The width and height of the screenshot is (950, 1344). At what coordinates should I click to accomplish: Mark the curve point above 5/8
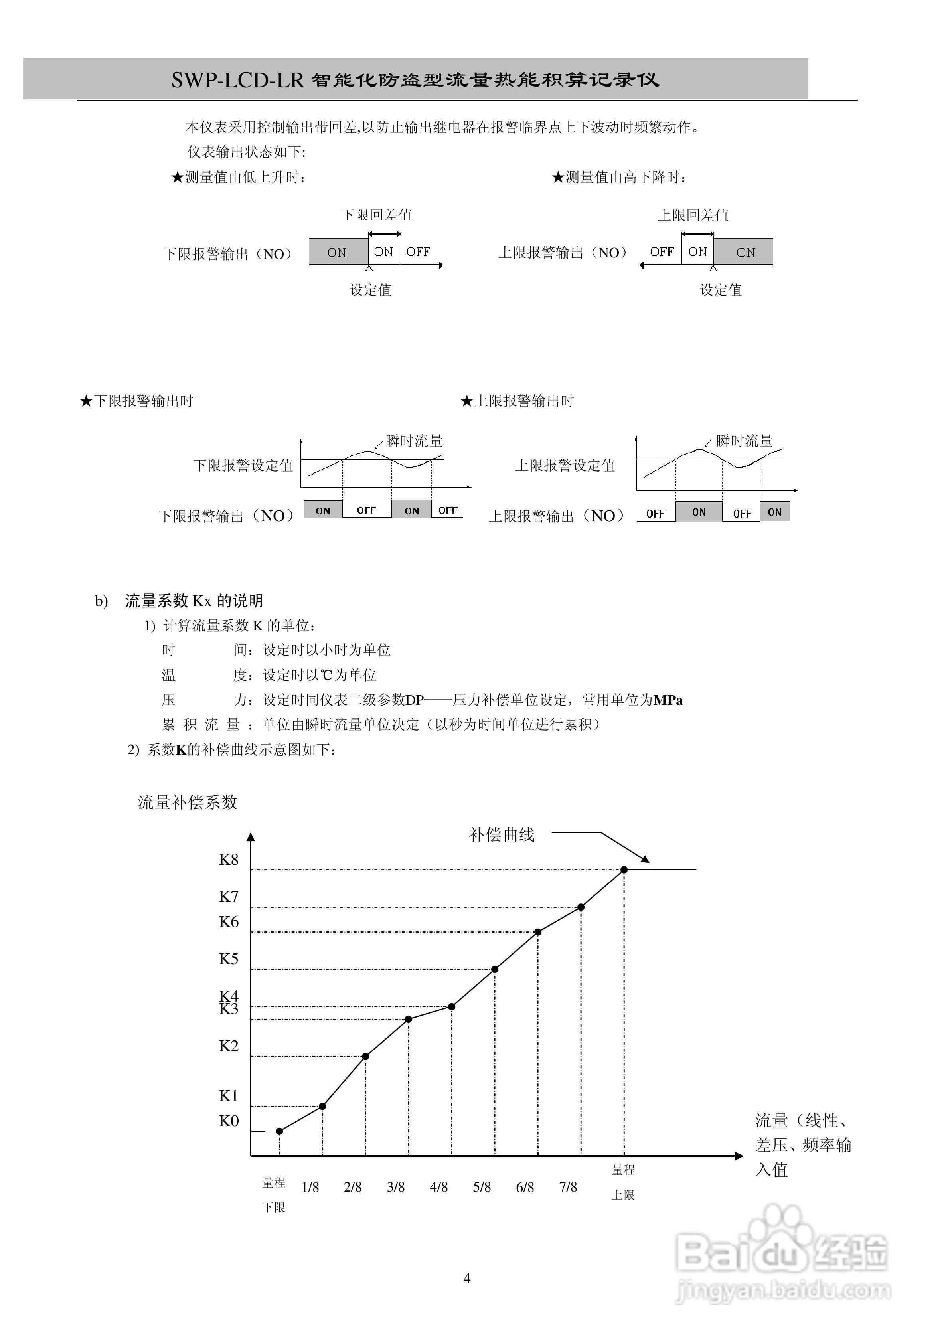point(495,969)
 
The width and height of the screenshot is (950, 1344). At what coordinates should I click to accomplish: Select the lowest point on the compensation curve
point(279,1131)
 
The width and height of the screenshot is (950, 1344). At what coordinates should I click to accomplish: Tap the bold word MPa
point(668,700)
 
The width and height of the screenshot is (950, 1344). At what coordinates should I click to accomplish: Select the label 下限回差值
point(376,215)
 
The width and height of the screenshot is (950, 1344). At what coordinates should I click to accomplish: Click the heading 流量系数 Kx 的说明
point(194,601)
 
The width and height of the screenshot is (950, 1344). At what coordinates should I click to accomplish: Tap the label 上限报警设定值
point(565,465)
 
